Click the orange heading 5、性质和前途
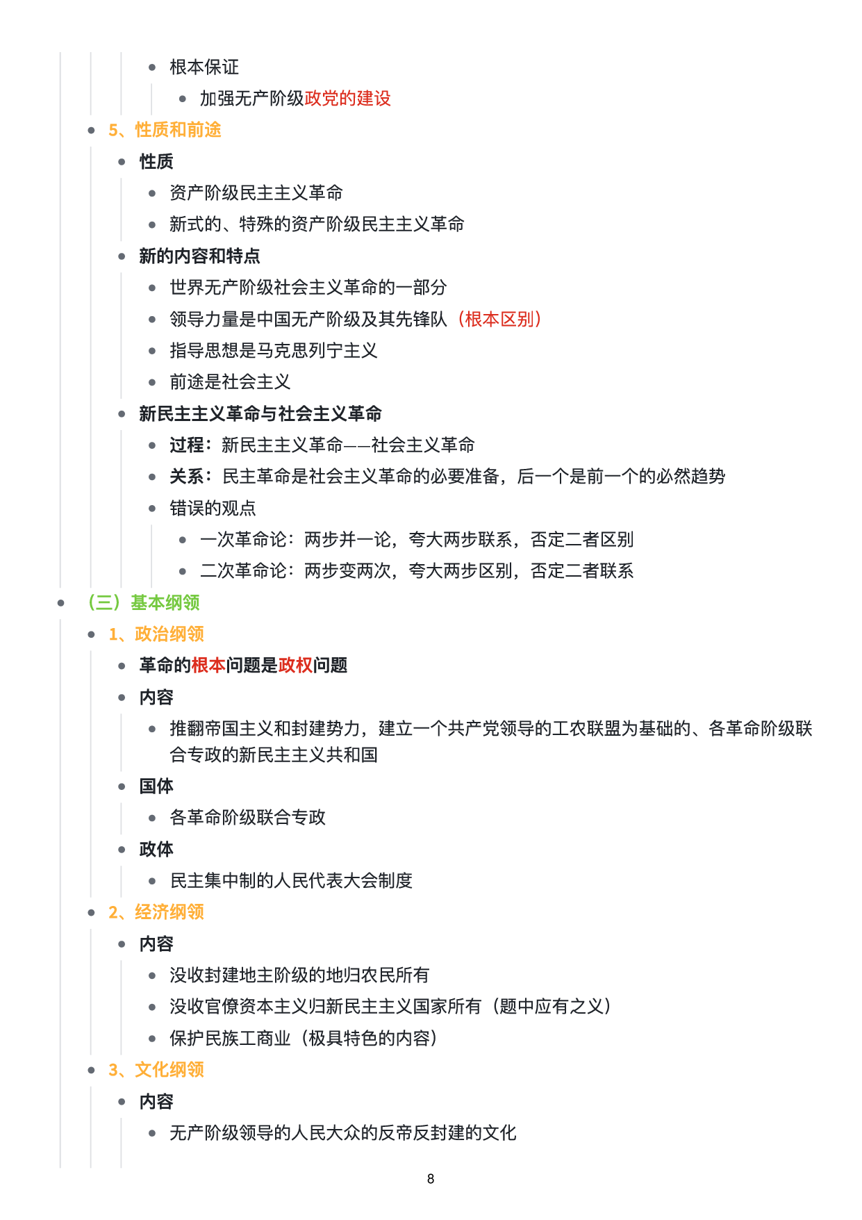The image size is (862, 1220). [165, 130]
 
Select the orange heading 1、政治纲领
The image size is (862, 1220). [156, 634]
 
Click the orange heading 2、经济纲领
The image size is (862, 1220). [156, 912]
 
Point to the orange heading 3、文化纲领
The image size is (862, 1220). [156, 1069]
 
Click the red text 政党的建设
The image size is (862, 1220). [347, 99]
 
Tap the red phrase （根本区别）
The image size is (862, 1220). [499, 319]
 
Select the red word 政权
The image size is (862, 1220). [295, 666]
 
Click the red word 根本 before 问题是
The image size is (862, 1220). [208, 666]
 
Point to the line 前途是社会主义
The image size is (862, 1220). [230, 381]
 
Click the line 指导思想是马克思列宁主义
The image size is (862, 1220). [273, 350]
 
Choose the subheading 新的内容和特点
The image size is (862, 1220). [199, 256]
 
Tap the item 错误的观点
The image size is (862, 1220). [213, 508]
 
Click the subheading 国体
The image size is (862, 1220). [156, 786]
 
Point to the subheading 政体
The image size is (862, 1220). [156, 849]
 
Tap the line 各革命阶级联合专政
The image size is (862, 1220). [247, 817]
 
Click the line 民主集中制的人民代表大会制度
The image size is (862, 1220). [291, 880]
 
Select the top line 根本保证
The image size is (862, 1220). [204, 67]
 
